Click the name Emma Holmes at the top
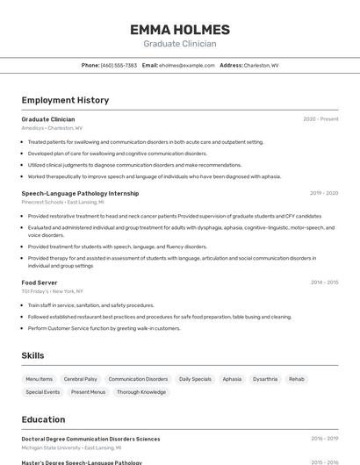point(179,30)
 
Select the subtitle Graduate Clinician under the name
point(179,44)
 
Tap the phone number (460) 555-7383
point(119,65)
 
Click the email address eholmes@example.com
point(187,65)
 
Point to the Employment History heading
point(65,100)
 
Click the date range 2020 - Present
point(320,119)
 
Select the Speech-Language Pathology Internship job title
point(80,193)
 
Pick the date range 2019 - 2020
point(324,193)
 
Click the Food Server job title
point(40,283)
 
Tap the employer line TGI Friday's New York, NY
point(53,291)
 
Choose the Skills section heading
point(32,355)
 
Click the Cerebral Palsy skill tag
point(81,379)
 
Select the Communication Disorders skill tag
point(138,379)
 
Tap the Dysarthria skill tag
point(265,379)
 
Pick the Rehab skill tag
point(297,379)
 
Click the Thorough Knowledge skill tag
point(141,392)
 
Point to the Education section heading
point(43,419)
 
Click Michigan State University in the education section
point(51,447)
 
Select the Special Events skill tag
point(43,392)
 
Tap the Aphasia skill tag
point(232,379)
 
